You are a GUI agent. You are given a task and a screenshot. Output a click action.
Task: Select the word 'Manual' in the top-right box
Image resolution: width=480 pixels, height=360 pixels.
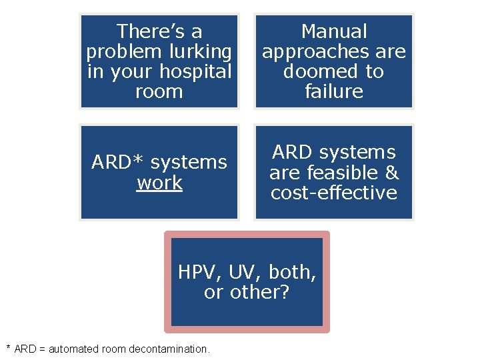tap(334, 31)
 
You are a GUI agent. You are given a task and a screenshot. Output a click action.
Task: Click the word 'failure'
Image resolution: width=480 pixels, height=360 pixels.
tap(334, 91)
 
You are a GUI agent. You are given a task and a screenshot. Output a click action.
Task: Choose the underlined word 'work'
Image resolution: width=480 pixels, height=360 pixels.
tap(159, 183)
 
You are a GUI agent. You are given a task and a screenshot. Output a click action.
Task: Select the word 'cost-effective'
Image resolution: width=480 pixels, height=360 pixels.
tap(334, 193)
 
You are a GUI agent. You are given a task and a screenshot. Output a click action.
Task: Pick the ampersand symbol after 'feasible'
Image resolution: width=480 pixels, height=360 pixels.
tap(392, 173)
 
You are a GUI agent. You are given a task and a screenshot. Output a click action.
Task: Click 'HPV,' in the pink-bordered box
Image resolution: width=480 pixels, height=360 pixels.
tap(200, 272)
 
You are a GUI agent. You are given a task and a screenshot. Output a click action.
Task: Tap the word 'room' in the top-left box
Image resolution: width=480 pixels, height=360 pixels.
tap(159, 91)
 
